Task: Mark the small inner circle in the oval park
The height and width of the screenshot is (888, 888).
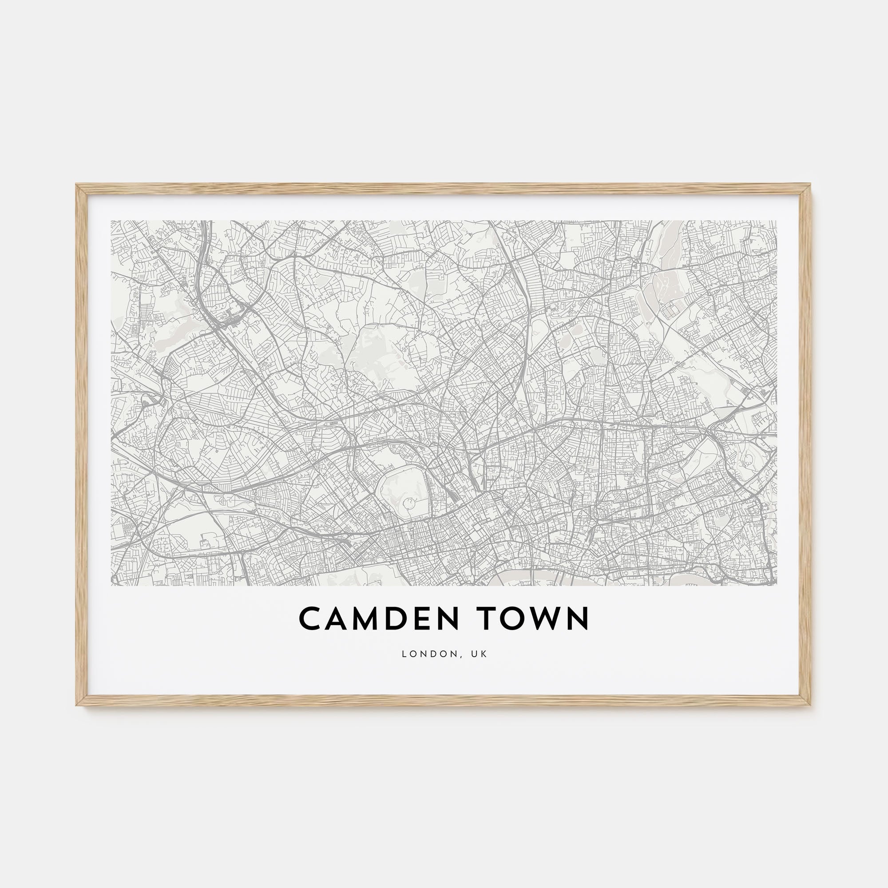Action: [407, 503]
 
